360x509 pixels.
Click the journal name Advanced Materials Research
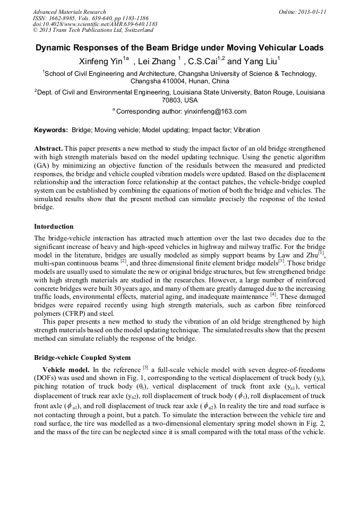(x=69, y=12)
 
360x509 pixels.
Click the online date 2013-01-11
(x=313, y=12)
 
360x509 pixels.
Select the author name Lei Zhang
(x=158, y=61)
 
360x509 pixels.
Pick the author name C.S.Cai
(x=203, y=61)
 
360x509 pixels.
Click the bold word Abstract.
(x=48, y=149)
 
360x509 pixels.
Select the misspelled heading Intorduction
(x=54, y=227)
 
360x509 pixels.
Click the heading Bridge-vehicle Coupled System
(x=82, y=358)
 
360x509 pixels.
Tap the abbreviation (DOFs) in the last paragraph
(x=46, y=377)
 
